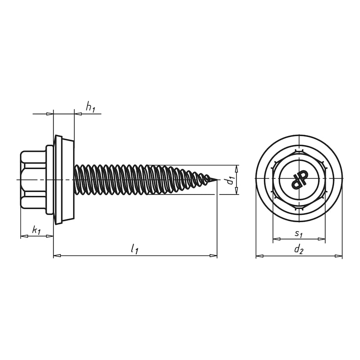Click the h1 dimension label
[x=90, y=107]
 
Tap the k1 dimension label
[x=36, y=230]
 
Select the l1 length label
[x=135, y=249]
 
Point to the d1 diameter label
[x=230, y=180]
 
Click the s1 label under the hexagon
[x=299, y=234]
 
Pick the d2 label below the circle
[x=299, y=249]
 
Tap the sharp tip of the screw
[x=217, y=179]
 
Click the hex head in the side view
[x=33, y=179]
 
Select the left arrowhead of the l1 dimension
[x=57, y=255]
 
